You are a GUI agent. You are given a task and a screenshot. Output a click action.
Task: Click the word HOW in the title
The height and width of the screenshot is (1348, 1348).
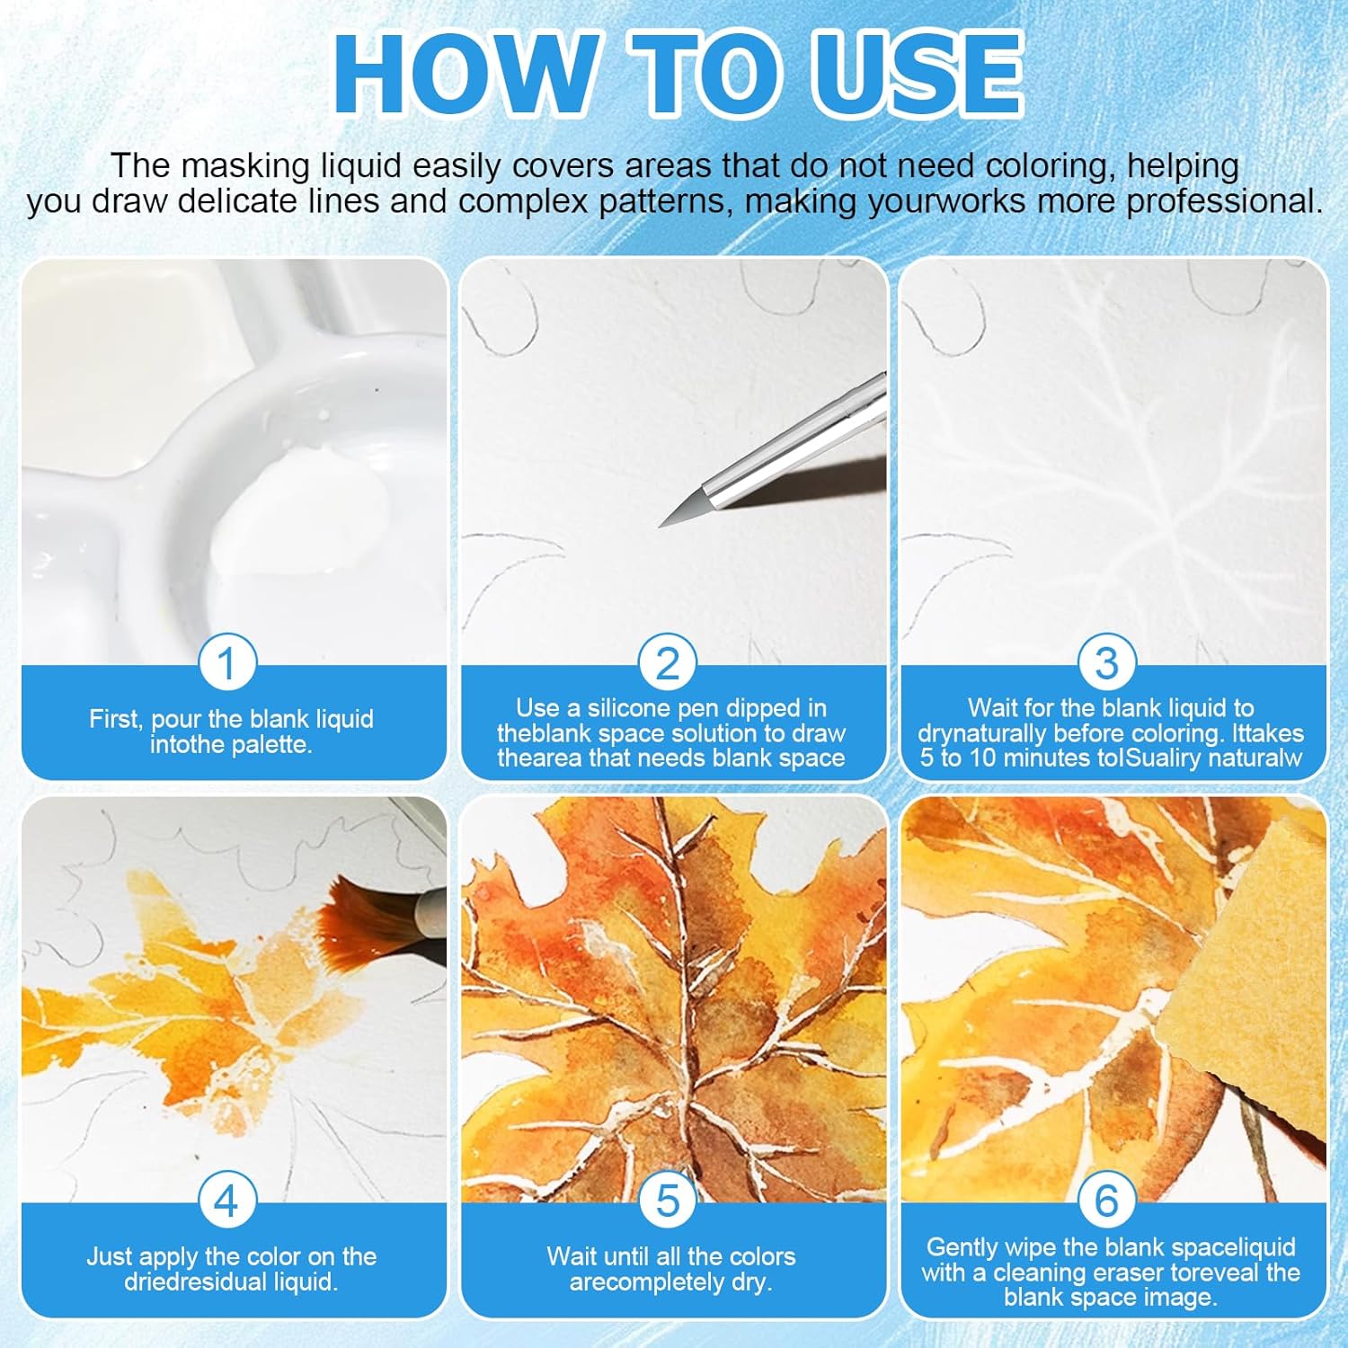(x=464, y=73)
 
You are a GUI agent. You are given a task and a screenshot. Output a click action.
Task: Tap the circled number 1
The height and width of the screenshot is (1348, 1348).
(x=226, y=663)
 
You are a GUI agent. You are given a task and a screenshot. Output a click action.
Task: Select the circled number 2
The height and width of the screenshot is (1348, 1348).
(x=667, y=663)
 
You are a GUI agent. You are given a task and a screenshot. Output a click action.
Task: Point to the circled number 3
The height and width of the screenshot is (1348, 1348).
(x=1106, y=663)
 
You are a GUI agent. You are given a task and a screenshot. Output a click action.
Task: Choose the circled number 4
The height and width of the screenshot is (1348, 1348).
(x=226, y=1201)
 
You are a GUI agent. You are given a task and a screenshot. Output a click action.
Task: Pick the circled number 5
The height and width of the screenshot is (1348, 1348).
(x=667, y=1201)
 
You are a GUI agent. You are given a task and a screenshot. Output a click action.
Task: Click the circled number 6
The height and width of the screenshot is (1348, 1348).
(x=1106, y=1201)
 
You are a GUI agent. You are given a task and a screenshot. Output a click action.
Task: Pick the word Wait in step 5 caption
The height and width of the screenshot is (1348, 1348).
(x=572, y=1256)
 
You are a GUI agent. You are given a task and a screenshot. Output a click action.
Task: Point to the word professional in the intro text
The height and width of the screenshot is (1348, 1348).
(x=1224, y=201)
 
